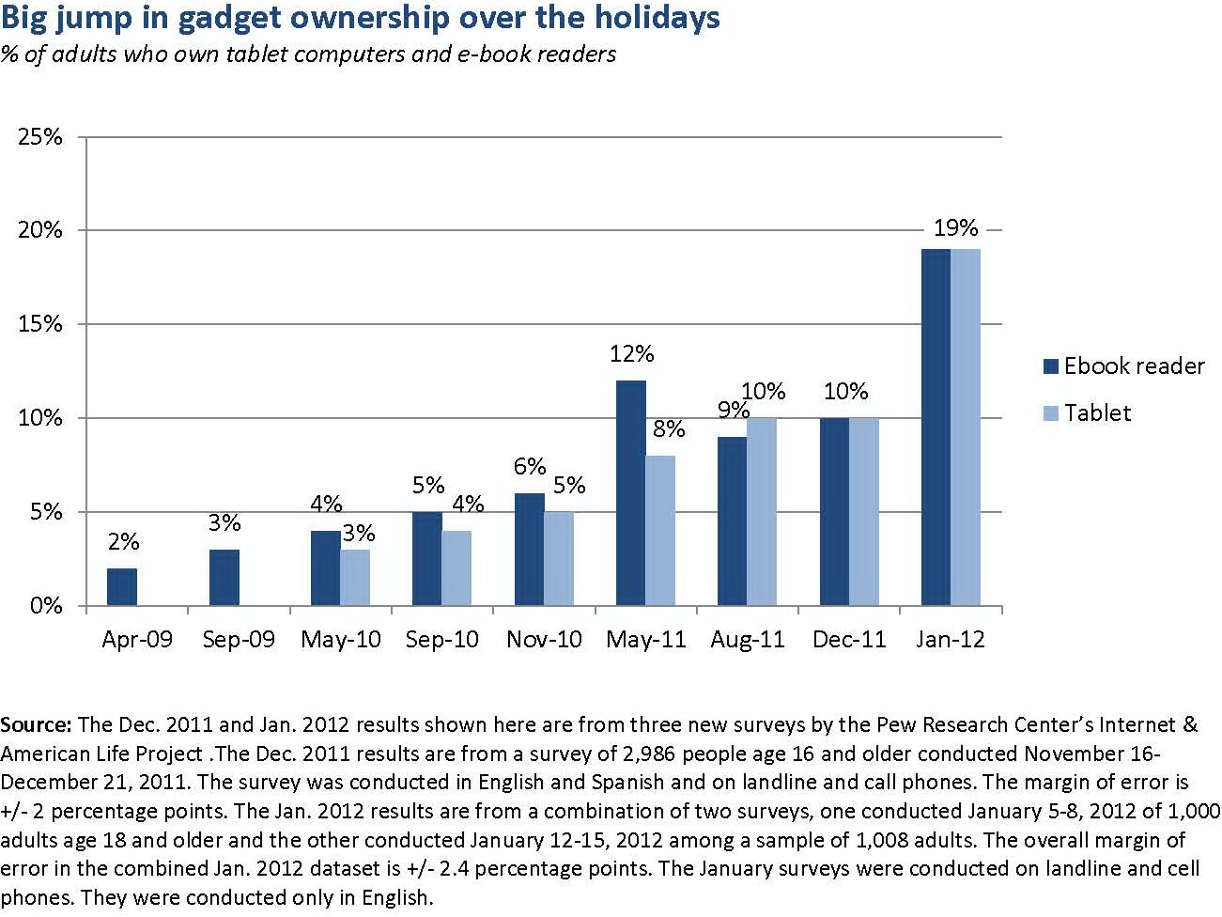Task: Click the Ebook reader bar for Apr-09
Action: pyautogui.click(x=122, y=587)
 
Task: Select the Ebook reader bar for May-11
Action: pyautogui.click(x=631, y=493)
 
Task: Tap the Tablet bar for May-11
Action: pyautogui.click(x=660, y=531)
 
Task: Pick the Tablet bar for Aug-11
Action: pyautogui.click(x=762, y=512)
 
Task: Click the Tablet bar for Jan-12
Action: pyautogui.click(x=966, y=427)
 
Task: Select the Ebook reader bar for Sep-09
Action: pyautogui.click(x=224, y=578)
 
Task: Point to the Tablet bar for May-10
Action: pyautogui.click(x=355, y=578)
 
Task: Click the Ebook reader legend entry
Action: pyautogui.click(x=1123, y=365)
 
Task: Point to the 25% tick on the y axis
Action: pyautogui.click(x=40, y=137)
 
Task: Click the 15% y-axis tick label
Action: pyautogui.click(x=40, y=324)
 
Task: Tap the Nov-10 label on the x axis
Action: pyautogui.click(x=544, y=640)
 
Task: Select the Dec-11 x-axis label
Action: pyautogui.click(x=849, y=640)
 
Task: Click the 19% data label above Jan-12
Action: pyautogui.click(x=955, y=228)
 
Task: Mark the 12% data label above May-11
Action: pyautogui.click(x=631, y=354)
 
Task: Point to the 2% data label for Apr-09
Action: pyautogui.click(x=123, y=542)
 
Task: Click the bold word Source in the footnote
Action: pyautogui.click(x=36, y=725)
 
